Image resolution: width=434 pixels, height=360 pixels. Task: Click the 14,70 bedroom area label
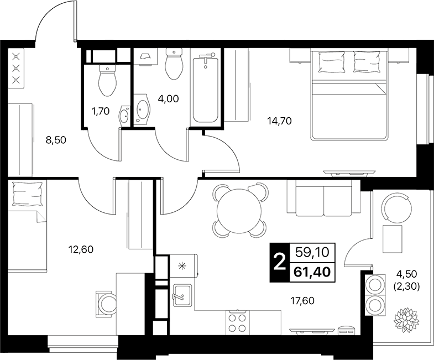click(280, 121)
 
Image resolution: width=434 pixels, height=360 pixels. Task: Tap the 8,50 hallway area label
click(56, 140)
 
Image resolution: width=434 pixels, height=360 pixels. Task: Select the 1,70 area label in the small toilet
click(101, 111)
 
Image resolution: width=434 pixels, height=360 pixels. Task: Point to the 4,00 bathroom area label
click(168, 98)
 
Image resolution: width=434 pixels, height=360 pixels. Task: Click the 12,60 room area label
click(81, 250)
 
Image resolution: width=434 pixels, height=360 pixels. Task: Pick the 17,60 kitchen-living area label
click(302, 300)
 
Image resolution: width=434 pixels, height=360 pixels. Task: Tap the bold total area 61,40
click(312, 272)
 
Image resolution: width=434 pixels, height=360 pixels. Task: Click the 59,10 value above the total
click(312, 252)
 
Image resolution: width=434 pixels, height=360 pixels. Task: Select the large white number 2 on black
click(280, 263)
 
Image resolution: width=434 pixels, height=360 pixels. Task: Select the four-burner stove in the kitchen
click(238, 322)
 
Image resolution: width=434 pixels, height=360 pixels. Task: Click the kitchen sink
click(182, 295)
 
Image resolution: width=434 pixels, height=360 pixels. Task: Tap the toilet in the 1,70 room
click(107, 80)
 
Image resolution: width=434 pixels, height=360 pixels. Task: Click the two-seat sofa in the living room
click(323, 198)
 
